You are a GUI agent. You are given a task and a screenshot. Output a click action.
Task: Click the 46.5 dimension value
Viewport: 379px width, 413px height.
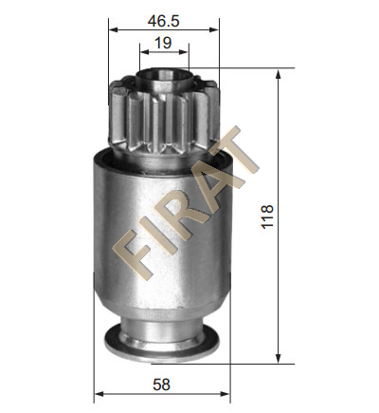coord(163,21)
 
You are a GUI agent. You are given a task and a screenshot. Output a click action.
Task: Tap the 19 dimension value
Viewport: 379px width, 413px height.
coord(163,43)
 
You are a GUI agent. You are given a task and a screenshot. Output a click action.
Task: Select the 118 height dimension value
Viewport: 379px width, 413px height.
coord(267,216)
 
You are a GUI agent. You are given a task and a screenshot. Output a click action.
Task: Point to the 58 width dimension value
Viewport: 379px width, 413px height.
coord(161,385)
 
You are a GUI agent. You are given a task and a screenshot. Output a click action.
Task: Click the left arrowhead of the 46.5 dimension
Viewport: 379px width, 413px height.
coord(113,29)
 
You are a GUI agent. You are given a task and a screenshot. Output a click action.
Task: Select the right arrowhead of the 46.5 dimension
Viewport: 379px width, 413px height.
coord(214,29)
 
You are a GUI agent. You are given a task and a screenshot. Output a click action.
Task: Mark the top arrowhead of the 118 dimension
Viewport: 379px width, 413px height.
coord(278,74)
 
